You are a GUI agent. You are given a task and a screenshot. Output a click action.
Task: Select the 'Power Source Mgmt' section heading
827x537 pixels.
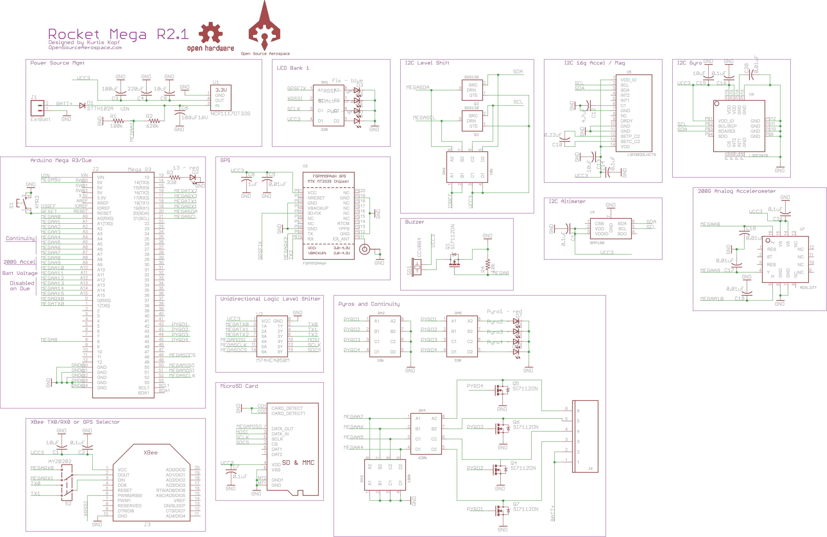click(x=57, y=63)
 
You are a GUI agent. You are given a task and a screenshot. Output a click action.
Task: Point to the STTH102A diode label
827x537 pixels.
click(x=100, y=109)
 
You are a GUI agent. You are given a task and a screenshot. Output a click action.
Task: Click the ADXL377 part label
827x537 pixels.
click(x=808, y=288)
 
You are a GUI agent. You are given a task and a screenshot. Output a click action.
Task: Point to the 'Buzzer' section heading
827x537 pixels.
click(x=415, y=222)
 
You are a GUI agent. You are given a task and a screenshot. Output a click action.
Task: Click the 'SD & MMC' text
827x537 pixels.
click(x=298, y=463)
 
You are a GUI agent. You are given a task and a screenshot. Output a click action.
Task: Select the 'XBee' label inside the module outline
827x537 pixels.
click(x=150, y=453)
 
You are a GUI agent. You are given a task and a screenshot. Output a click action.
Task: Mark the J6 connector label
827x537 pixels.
click(x=590, y=469)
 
